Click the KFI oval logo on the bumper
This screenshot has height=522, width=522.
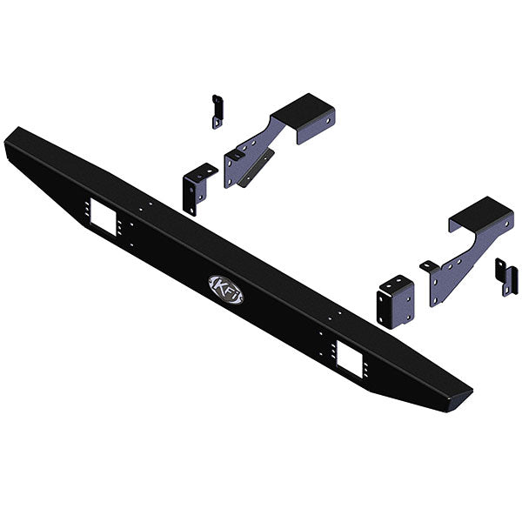(x=226, y=289)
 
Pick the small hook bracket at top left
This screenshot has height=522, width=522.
(x=217, y=111)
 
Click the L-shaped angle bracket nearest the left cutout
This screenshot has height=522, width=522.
(x=196, y=187)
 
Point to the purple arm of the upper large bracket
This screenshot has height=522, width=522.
(x=252, y=157)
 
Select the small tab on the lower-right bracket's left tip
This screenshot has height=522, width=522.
(x=427, y=264)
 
